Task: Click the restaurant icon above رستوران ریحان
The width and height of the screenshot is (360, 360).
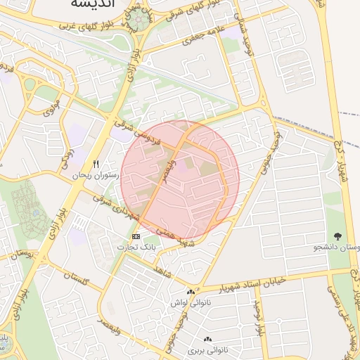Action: tap(105, 164)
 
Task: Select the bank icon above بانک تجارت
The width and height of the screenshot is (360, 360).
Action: tap(136, 236)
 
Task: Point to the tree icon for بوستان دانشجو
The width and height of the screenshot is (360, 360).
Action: tap(338, 236)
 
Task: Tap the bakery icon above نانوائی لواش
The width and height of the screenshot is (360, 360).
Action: tap(191, 292)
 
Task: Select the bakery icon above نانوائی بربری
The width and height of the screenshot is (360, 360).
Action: tap(208, 339)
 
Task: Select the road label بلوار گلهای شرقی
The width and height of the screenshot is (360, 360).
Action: tap(180, 12)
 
